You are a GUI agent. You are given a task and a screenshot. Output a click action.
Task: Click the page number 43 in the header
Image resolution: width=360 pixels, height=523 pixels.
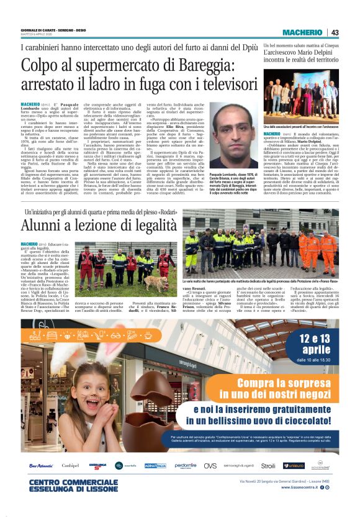tap(335, 33)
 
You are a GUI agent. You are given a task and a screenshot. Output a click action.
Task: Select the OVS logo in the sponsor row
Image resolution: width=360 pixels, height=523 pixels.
tap(210, 465)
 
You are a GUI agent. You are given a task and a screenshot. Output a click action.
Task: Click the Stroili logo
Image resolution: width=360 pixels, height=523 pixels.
tap(268, 465)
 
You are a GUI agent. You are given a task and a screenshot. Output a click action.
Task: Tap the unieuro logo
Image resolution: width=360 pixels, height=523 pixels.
tap(294, 465)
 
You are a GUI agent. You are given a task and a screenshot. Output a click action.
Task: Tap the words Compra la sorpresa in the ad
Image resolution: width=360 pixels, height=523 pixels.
tap(278, 384)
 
